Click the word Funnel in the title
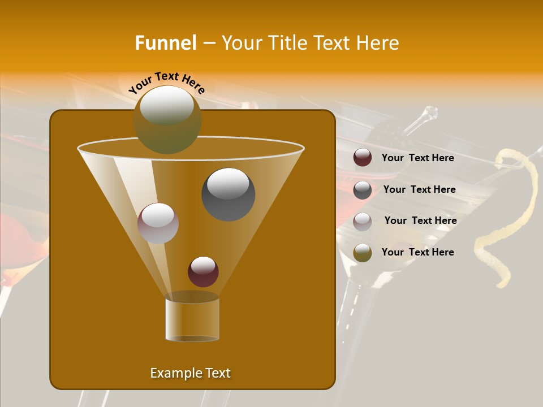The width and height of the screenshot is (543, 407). click(x=165, y=43)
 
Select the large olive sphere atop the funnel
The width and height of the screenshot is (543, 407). click(x=167, y=120)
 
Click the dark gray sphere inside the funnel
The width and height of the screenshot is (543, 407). click(x=228, y=194)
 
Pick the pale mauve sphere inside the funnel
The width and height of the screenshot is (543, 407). click(x=158, y=223)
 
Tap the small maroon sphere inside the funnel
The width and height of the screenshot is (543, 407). click(x=203, y=271)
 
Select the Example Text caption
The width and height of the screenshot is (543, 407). click(x=191, y=373)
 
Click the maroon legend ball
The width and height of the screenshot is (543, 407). click(x=363, y=158)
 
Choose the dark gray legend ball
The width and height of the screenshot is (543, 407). click(x=363, y=190)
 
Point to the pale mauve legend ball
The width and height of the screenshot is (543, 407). click(x=363, y=221)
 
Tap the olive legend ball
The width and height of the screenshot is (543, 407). click(x=363, y=253)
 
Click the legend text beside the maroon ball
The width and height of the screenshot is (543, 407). click(x=417, y=158)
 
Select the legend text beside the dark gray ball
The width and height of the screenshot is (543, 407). click(x=419, y=189)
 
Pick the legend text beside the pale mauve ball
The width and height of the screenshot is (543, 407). click(x=420, y=220)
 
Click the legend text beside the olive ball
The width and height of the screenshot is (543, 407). click(x=417, y=252)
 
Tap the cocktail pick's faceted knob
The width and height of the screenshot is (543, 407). click(x=430, y=113)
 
